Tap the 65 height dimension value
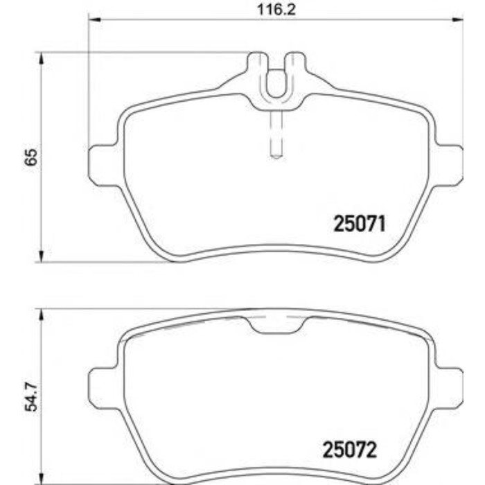coord(30,157)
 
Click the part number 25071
coord(359,223)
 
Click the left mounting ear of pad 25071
coord(103,165)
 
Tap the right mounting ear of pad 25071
coord(449,165)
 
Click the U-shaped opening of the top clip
coord(276,83)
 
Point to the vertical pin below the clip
coord(276,135)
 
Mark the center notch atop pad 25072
coord(276,324)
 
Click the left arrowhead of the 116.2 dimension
coord(94,19)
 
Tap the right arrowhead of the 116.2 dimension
coord(458,19)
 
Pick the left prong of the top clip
coord(256,66)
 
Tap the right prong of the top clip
coord(296,66)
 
